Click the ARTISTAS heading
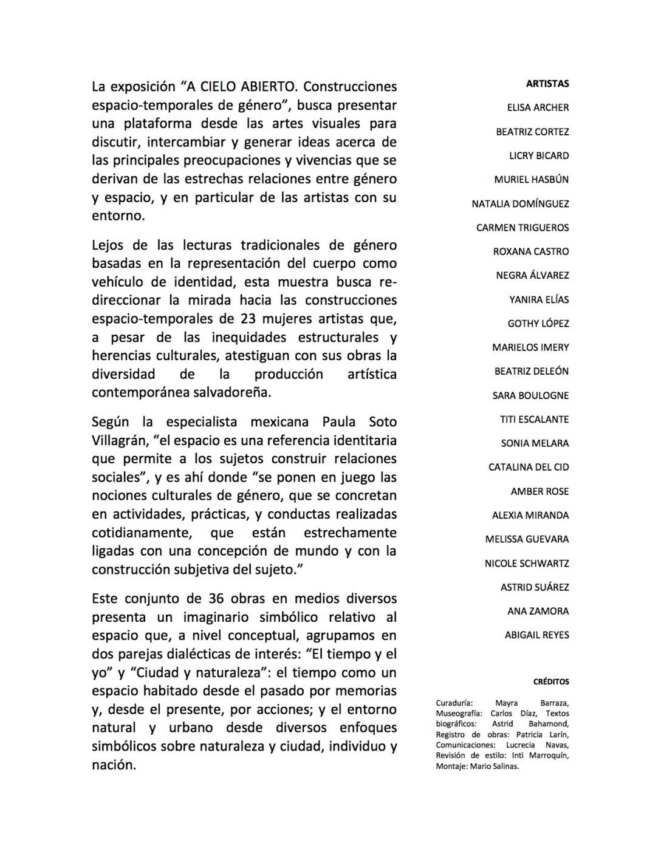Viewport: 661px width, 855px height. click(547, 84)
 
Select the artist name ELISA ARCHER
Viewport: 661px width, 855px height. click(538, 107)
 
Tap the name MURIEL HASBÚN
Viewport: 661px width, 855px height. click(532, 180)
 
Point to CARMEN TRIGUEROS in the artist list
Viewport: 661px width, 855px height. click(522, 228)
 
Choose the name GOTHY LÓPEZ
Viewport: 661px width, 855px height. click(538, 324)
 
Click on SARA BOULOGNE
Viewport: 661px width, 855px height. click(530, 395)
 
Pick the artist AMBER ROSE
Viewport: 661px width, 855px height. click(539, 491)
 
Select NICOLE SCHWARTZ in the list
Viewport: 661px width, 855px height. click(527, 564)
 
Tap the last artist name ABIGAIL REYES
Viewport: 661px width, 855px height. click(536, 635)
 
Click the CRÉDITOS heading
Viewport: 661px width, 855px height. click(551, 682)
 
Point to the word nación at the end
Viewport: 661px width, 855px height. click(113, 765)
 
